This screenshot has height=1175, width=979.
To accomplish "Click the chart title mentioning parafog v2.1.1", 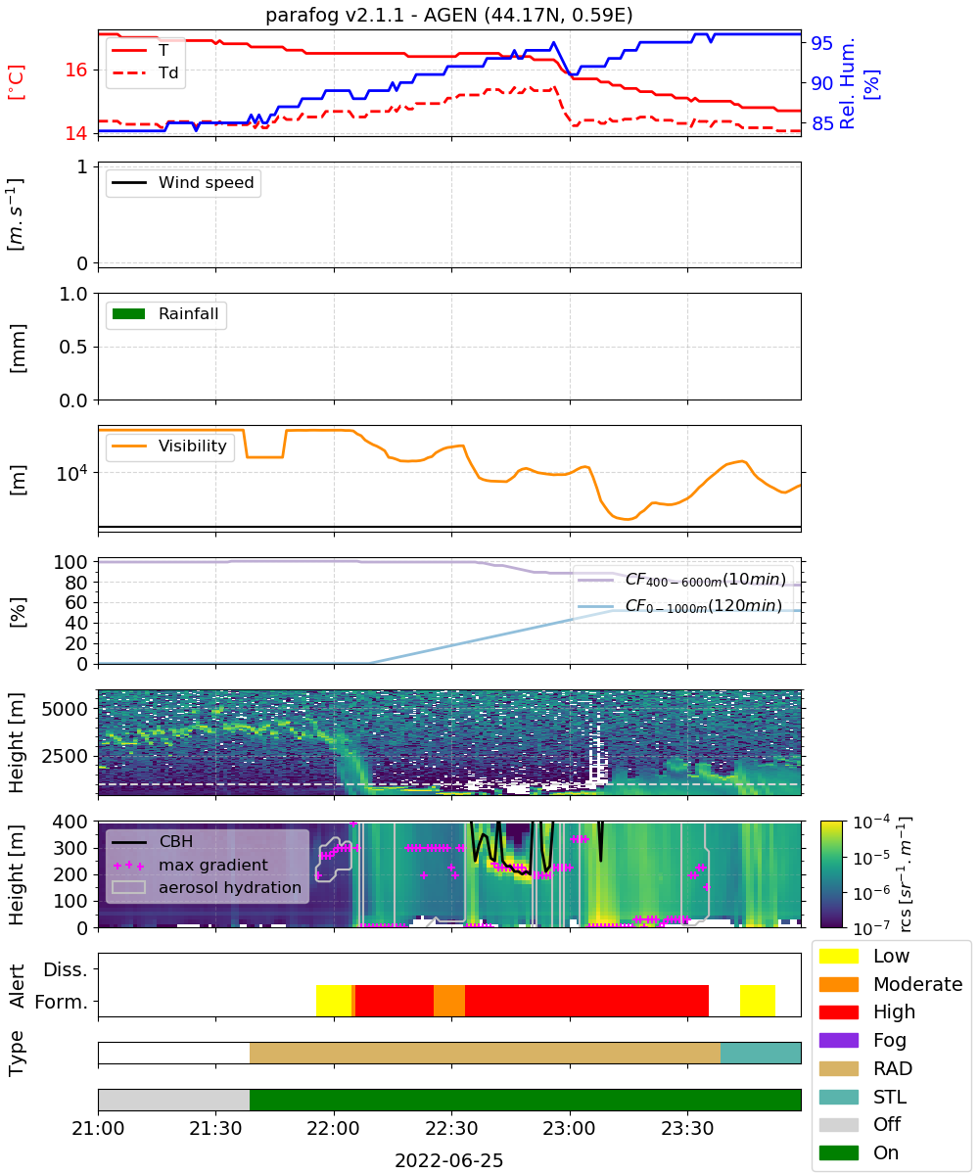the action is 449,15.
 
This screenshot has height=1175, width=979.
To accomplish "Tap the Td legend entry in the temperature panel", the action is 145,72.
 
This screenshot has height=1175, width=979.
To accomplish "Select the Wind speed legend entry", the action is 183,182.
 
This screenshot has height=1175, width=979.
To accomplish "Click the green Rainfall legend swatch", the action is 129,313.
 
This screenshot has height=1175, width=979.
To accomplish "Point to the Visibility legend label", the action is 193,446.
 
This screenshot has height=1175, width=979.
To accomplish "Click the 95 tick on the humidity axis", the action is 821,43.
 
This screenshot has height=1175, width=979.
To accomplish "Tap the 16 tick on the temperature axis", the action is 76,70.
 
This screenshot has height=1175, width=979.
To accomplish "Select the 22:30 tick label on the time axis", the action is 451,1128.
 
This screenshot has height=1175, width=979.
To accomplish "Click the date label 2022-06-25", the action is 449,1160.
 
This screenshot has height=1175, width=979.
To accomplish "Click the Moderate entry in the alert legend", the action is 891,984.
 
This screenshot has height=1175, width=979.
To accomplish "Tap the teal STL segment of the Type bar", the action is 761,1053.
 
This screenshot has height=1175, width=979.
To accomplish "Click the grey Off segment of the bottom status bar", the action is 174,1101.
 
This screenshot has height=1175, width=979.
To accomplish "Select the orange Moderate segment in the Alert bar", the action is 449,1001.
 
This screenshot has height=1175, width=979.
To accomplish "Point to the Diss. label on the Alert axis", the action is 66,969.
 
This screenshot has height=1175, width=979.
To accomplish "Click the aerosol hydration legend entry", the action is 207,887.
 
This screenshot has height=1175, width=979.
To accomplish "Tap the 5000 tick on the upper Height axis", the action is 65,709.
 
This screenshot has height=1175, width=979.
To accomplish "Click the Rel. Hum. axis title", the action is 847,83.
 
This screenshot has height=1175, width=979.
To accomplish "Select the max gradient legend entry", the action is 190,865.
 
